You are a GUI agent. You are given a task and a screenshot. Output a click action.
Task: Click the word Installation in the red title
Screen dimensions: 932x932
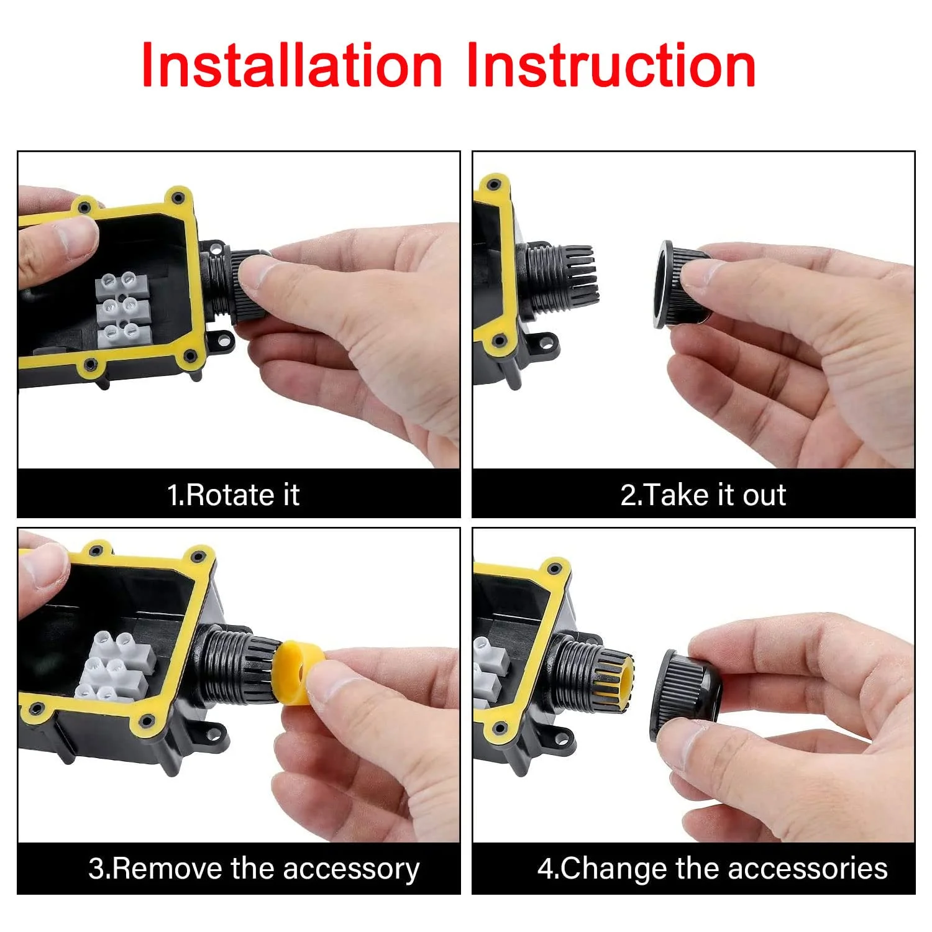[x=292, y=65]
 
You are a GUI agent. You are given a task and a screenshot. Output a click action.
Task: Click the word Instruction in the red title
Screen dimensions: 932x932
[x=611, y=65]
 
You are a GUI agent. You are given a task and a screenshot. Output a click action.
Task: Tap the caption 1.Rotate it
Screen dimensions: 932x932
[x=234, y=495]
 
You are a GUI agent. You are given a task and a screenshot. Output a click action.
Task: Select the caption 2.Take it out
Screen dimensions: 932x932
[x=703, y=495]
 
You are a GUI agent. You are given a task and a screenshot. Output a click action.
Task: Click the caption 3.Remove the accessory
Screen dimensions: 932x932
[x=254, y=869]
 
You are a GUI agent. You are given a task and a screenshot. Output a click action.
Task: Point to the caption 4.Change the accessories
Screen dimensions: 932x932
[x=712, y=868]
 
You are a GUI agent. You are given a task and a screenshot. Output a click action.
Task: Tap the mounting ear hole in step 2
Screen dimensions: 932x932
[x=546, y=342]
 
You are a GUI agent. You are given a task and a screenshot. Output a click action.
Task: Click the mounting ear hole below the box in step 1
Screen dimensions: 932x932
[x=222, y=340]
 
